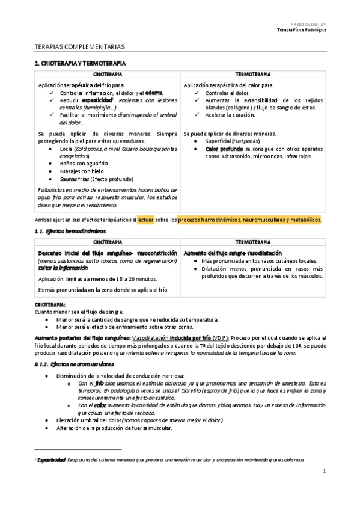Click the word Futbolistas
pyautogui.click(x=53, y=189)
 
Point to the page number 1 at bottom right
pyautogui.click(x=323, y=470)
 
